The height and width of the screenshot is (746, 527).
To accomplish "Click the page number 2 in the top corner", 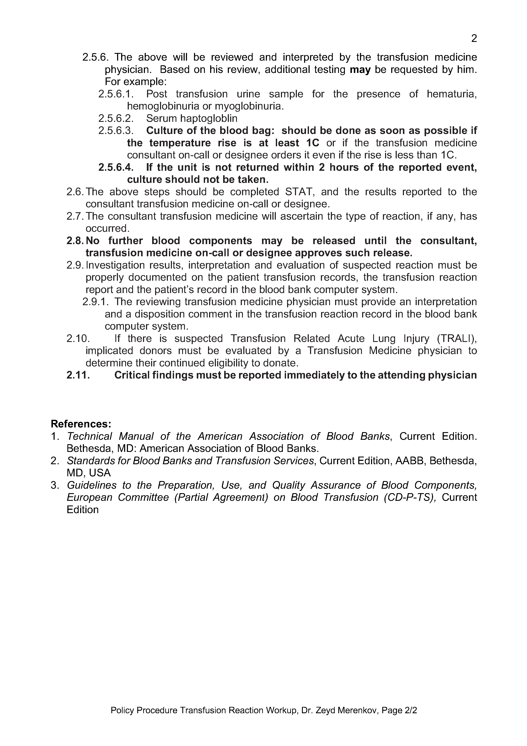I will [x=474, y=39].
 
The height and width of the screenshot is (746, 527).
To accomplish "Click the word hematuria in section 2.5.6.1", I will [x=451, y=94].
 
